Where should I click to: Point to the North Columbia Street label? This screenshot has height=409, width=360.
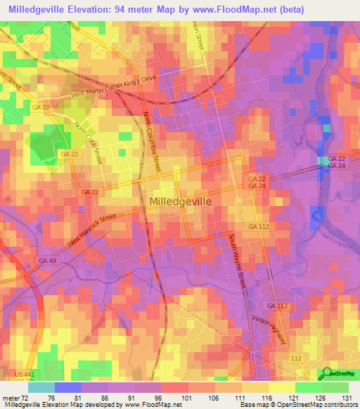point(152,141)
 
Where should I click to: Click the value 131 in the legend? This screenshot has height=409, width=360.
point(347,397)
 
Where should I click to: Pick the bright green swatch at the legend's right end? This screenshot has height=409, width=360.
point(335,387)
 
